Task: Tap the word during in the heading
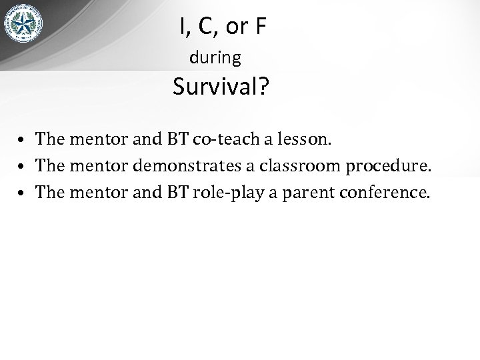(x=215, y=58)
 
